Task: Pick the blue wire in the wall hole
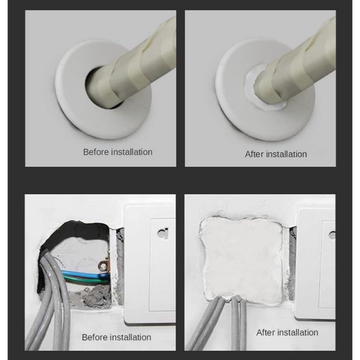pyautogui.click(x=82, y=273)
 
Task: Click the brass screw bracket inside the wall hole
pyautogui.click(x=103, y=266)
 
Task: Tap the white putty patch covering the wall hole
pyautogui.click(x=241, y=258)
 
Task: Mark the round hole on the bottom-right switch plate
pyautogui.click(x=332, y=234)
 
